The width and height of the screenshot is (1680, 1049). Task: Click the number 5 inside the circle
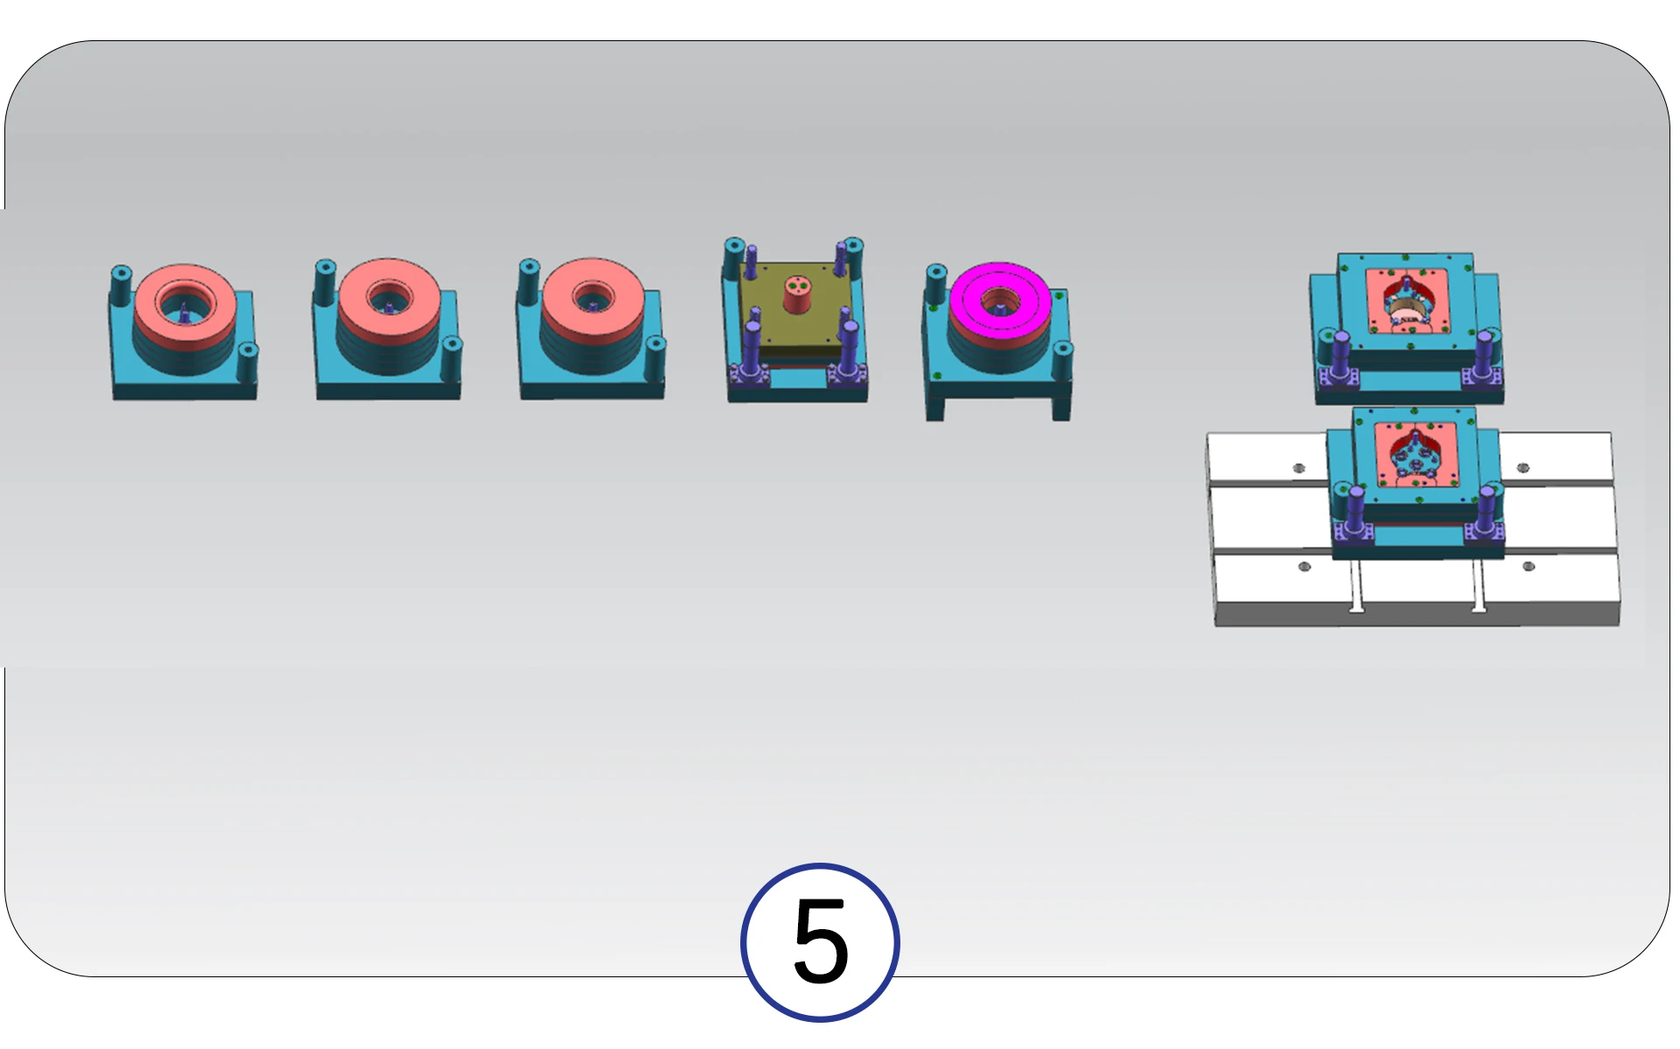pyautogui.click(x=821, y=941)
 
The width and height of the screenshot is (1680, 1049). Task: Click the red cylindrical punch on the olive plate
pyautogui.click(x=796, y=295)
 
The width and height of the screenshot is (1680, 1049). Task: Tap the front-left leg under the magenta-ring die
pyautogui.click(x=934, y=408)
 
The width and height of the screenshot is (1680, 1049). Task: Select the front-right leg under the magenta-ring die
pyautogui.click(x=1060, y=408)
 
